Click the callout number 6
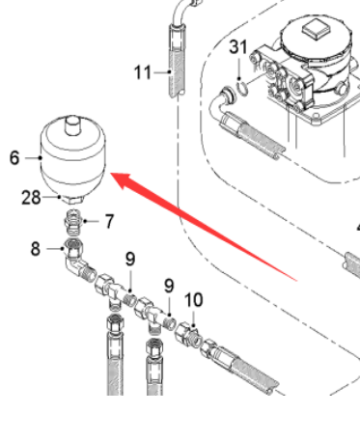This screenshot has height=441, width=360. point(14,158)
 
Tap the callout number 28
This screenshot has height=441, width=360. point(31,198)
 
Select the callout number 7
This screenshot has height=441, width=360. point(109,221)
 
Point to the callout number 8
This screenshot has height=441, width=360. point(36,249)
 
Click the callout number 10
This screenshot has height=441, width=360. point(194,300)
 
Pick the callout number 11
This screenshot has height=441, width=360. point(143,72)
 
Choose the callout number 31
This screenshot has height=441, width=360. point(238,47)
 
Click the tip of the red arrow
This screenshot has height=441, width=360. point(111,174)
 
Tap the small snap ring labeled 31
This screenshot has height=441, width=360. point(242,89)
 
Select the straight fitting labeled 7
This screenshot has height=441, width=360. point(72,223)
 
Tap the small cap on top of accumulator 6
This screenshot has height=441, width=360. point(72,125)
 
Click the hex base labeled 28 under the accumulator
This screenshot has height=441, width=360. point(72,199)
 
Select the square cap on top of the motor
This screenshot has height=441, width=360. point(317,28)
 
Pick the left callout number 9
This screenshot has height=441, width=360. point(130,260)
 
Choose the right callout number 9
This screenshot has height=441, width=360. point(169,286)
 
